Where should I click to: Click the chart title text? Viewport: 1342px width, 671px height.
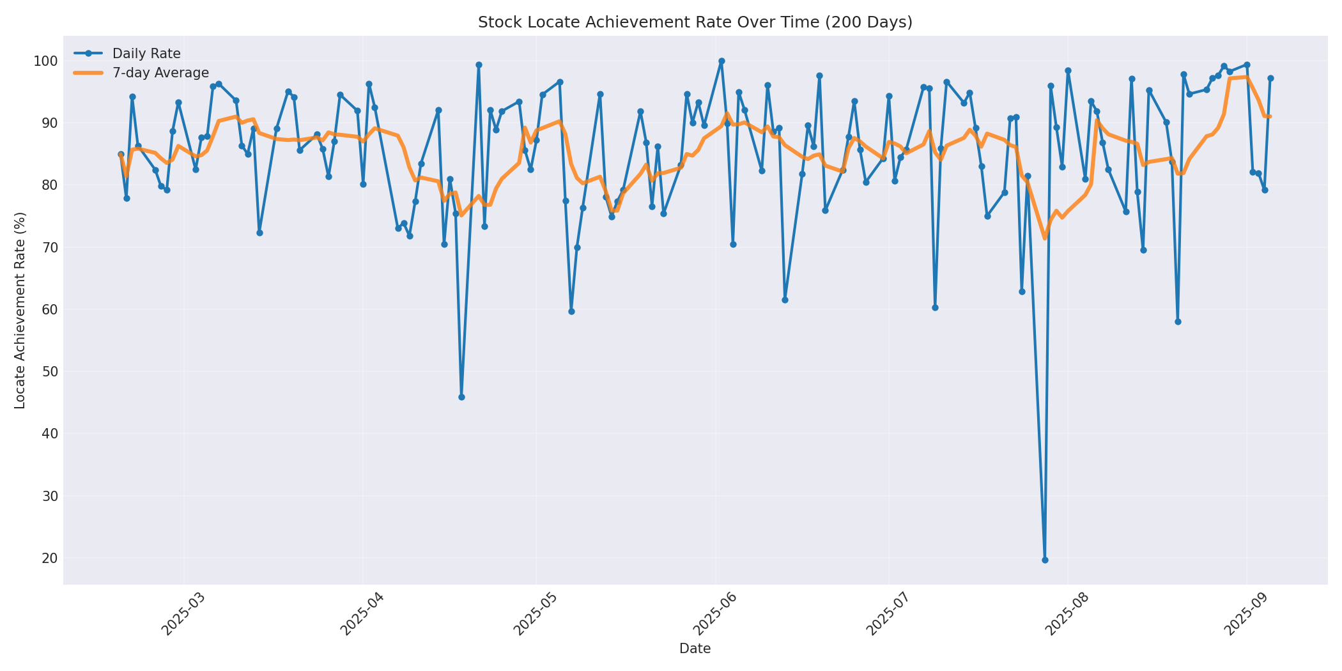click(x=695, y=22)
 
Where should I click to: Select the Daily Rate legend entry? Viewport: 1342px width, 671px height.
click(x=146, y=54)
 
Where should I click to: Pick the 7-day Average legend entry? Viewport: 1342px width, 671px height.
click(x=160, y=73)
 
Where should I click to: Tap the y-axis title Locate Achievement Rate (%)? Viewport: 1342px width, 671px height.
click(x=20, y=311)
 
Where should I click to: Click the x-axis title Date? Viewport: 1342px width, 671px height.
click(x=695, y=649)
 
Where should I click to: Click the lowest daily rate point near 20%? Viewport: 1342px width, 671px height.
click(x=1045, y=560)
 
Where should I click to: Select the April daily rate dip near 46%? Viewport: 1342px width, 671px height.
click(x=461, y=397)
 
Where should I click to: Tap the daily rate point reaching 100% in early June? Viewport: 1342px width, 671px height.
click(x=721, y=61)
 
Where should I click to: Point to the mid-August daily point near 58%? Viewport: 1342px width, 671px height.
click(x=1178, y=321)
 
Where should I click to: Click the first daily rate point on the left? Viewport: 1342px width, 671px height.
click(x=121, y=155)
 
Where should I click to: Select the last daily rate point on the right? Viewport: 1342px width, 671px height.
click(x=1270, y=79)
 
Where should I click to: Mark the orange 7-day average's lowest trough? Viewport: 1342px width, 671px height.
click(x=1045, y=238)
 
